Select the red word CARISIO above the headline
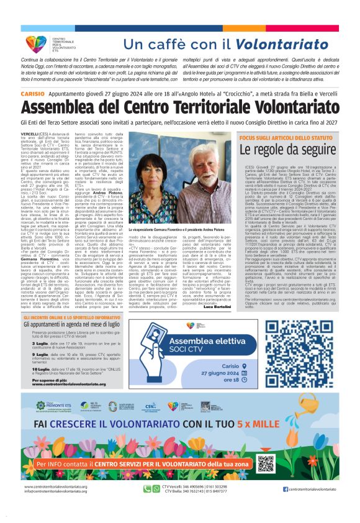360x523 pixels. tap(32, 93)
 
